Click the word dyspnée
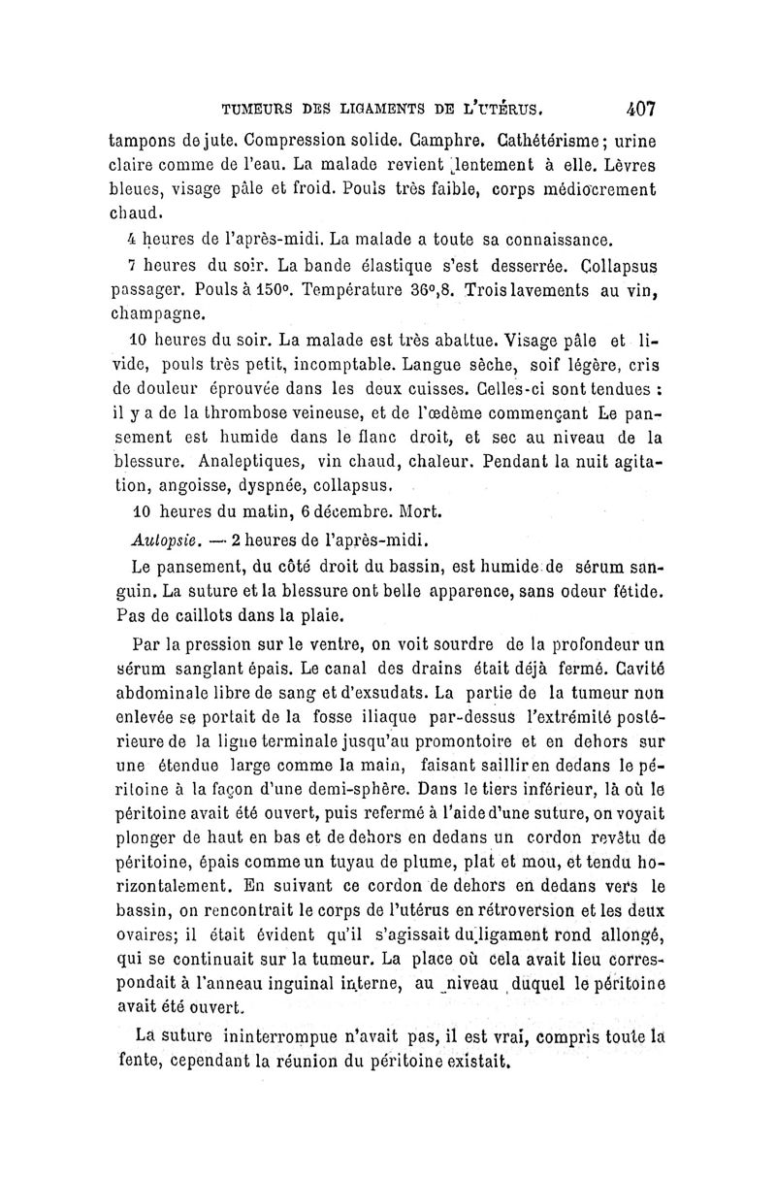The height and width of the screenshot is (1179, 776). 304,485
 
